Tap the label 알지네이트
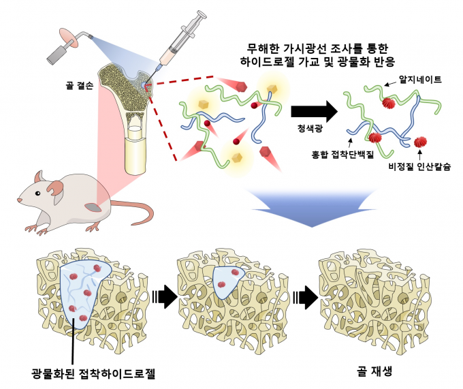pyautogui.click(x=419, y=79)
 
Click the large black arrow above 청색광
pyautogui.click(x=313, y=110)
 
